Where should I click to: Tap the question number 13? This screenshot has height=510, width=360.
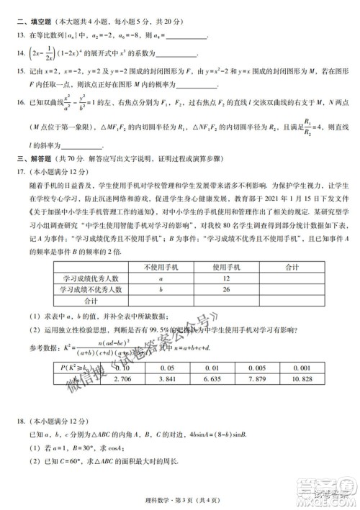pyautogui.click(x=17, y=33)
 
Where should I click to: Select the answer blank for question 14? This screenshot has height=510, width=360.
pyautogui.click(x=176, y=53)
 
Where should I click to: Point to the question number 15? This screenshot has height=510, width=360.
pyautogui.click(x=17, y=72)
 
